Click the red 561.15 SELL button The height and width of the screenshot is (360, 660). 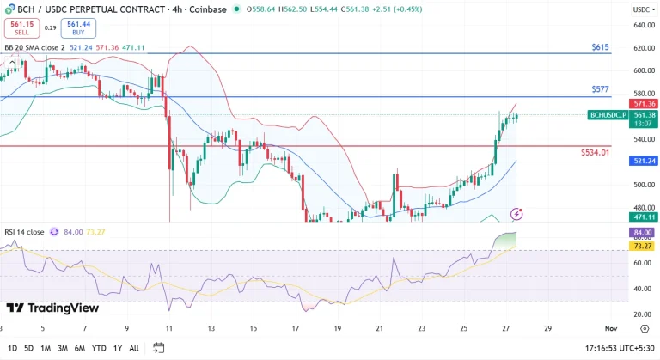click(x=17, y=28)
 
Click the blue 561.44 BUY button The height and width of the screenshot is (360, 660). click(x=78, y=28)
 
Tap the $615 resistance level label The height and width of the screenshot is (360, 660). click(x=600, y=46)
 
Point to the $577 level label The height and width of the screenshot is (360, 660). click(x=600, y=89)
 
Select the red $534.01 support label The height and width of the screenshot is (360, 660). click(x=595, y=152)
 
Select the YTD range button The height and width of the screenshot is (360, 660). click(x=98, y=348)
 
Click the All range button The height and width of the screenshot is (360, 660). click(x=133, y=348)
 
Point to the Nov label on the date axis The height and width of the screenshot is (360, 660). click(x=609, y=328)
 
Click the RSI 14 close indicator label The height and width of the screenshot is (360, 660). click(x=23, y=232)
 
